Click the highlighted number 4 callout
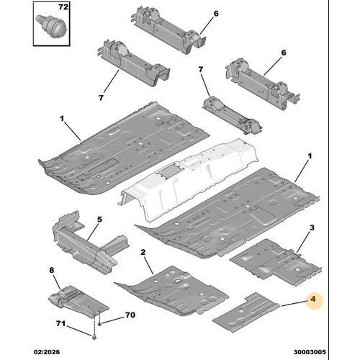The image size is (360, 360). click(x=313, y=300)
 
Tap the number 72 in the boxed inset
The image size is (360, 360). click(x=63, y=7)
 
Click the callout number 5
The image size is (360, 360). click(x=99, y=220)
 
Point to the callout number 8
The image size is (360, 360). click(x=52, y=270)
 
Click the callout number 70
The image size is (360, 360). click(x=130, y=315)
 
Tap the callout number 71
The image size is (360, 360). click(x=60, y=324)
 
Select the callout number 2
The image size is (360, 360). click(x=143, y=252)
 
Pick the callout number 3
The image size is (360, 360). click(x=312, y=228)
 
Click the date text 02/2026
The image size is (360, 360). click(x=47, y=352)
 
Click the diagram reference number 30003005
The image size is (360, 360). click(x=310, y=352)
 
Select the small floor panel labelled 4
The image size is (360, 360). click(x=246, y=312)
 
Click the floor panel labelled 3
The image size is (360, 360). click(x=276, y=263)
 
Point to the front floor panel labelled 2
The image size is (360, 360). click(x=171, y=290)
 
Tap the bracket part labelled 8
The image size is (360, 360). click(x=78, y=301)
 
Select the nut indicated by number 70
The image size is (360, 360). click(x=99, y=325)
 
